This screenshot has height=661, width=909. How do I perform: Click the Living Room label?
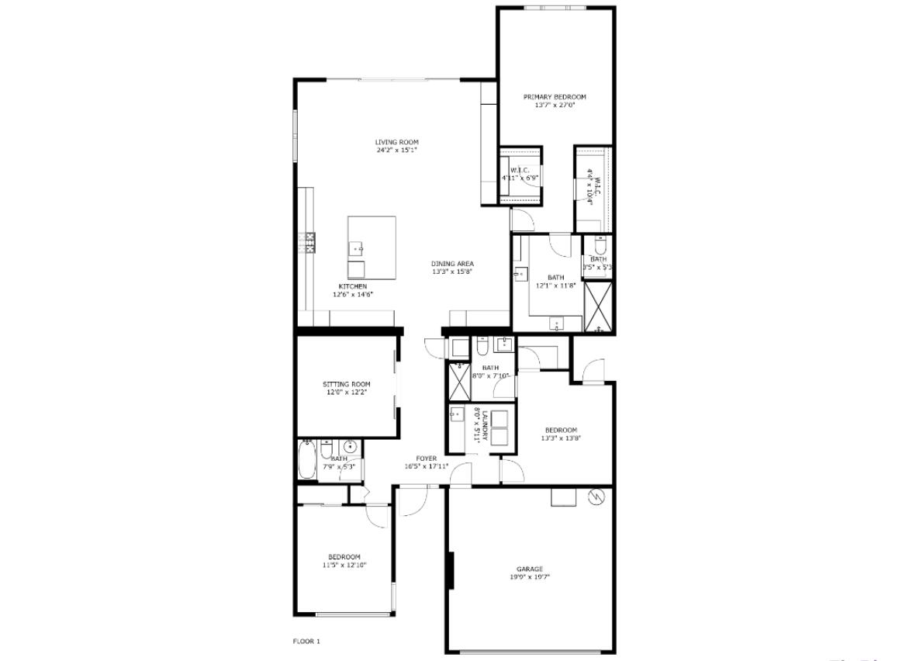(396, 142)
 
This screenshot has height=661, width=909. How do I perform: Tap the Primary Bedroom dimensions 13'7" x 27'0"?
(554, 106)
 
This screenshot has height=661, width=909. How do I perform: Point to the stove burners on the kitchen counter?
(310, 243)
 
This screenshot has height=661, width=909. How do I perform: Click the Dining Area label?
(452, 264)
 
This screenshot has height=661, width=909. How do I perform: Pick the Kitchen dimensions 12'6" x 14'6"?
(353, 295)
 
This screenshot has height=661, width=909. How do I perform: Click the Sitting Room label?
(346, 384)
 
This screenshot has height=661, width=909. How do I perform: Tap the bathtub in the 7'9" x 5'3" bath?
(306, 459)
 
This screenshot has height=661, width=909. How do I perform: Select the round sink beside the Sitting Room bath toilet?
(349, 447)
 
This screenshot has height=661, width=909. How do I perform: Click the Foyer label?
(426, 459)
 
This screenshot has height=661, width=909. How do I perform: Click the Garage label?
(530, 569)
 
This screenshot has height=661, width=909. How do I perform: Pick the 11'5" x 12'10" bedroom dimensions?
(344, 566)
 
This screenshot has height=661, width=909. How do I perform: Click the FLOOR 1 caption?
(306, 641)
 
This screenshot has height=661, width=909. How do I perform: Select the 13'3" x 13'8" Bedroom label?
(560, 431)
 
